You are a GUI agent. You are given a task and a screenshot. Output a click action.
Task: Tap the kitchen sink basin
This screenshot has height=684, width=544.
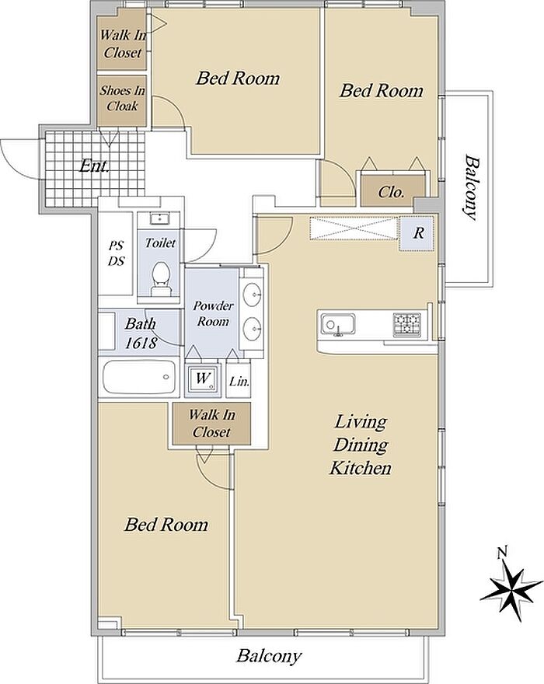(x=337, y=325)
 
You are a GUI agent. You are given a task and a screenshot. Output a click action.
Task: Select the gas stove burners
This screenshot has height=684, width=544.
(x=407, y=325)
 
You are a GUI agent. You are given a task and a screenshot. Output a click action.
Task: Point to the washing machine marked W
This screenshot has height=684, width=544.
(x=202, y=378)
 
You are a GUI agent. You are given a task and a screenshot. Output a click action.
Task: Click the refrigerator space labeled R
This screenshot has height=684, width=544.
(x=417, y=233)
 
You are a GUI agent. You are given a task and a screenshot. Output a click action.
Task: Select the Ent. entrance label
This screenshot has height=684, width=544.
(x=94, y=166)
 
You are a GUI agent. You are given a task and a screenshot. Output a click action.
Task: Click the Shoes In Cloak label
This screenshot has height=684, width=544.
(x=122, y=98)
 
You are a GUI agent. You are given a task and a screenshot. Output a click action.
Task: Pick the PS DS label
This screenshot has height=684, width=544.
(x=116, y=253)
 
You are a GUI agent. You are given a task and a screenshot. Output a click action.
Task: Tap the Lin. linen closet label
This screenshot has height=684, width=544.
(x=239, y=382)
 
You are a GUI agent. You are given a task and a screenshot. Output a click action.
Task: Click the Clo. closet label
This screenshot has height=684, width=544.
(x=391, y=193)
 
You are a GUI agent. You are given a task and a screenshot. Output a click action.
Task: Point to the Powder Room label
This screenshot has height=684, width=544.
(x=213, y=313)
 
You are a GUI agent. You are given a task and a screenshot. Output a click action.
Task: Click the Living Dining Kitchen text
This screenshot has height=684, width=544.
(x=361, y=445)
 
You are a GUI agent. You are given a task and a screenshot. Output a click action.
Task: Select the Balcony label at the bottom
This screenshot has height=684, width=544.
(x=269, y=656)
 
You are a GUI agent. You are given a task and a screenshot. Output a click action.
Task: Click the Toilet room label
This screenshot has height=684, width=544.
(x=160, y=243)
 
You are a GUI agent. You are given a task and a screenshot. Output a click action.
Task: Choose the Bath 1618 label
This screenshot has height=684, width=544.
(x=141, y=333)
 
